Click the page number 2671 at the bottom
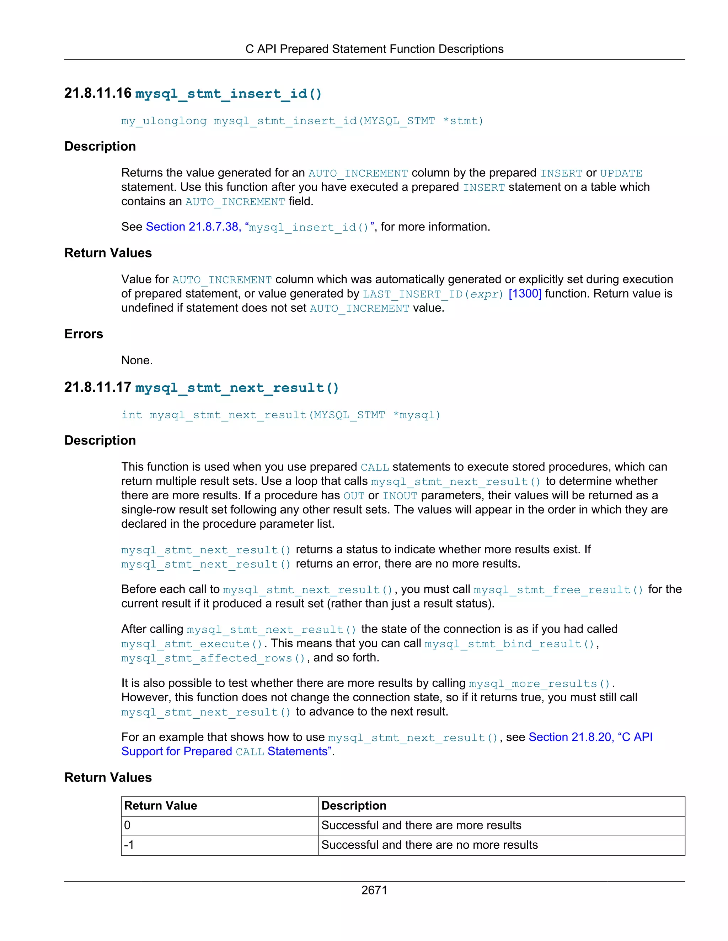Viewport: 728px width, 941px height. tap(374, 890)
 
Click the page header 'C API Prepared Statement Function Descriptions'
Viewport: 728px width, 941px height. tap(374, 49)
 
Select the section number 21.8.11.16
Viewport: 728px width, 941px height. tap(98, 93)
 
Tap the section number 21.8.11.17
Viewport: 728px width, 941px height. tap(98, 387)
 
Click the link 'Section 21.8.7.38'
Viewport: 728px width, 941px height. tap(192, 227)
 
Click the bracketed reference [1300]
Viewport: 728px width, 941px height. tap(525, 294)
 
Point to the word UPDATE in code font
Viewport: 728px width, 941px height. tap(621, 173)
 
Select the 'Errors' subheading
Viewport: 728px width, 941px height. tap(84, 334)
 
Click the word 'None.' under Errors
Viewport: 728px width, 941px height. tap(137, 360)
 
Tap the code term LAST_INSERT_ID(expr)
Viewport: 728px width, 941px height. tap(433, 294)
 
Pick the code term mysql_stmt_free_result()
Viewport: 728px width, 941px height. tap(558, 590)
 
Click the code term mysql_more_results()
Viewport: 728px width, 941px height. tap(540, 684)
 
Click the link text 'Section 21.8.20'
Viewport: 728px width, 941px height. tap(569, 737)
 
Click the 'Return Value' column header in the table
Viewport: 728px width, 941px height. tap(160, 806)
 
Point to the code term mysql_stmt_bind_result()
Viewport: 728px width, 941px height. tap(509, 644)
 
